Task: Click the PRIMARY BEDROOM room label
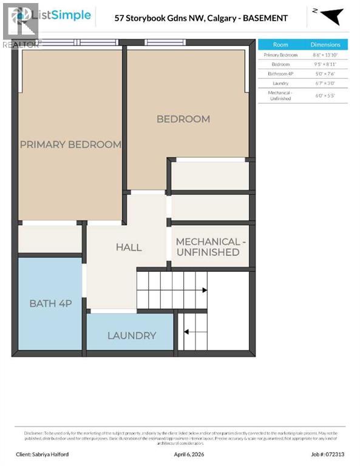tap(70, 144)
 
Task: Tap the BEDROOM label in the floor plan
tap(183, 119)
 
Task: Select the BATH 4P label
tap(50, 303)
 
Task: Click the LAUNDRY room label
tap(132, 336)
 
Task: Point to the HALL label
tap(129, 247)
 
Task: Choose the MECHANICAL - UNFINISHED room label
tap(211, 247)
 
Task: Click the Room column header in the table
tap(280, 44)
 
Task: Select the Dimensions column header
tap(325, 44)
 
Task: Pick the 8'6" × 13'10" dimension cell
tap(325, 55)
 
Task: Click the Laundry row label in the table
tap(280, 83)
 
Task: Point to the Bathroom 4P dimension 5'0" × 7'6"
tap(325, 73)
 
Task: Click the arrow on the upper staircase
tap(204, 291)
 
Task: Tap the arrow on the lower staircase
tap(186, 332)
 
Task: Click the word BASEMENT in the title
tap(263, 18)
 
